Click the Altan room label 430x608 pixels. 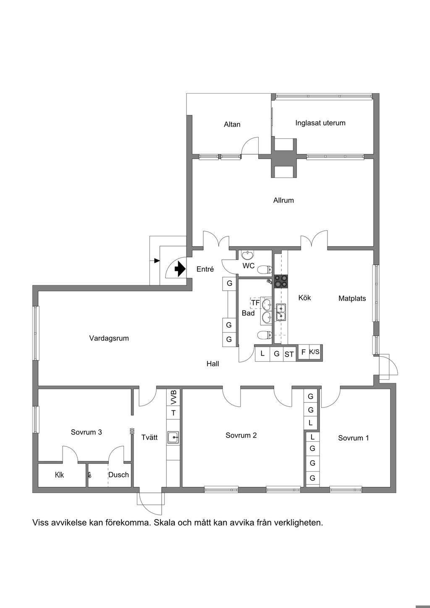232,124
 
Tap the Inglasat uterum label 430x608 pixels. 320,123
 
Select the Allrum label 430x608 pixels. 283,200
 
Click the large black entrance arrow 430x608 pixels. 180,269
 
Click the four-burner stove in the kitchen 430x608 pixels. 281,281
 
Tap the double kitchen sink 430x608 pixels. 281,313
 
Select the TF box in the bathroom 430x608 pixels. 255,303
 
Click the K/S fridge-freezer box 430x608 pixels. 314,352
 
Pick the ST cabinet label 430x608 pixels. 289,355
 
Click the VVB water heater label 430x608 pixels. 173,397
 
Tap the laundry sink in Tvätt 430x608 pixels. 173,437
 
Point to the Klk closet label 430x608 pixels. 59,475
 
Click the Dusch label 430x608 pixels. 118,475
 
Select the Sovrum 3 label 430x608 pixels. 86,432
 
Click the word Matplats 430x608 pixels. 352,299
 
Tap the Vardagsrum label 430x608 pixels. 109,339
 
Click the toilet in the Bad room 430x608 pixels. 265,335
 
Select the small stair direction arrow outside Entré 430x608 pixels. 157,261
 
